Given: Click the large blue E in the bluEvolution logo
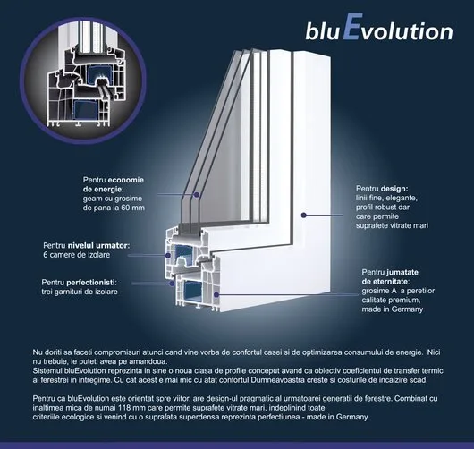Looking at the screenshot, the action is pyautogui.click(x=351, y=27).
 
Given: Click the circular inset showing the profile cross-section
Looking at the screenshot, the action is pyautogui.click(x=83, y=80).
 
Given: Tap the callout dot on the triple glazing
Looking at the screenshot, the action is pyautogui.click(x=197, y=194).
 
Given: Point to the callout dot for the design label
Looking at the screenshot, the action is pyautogui.click(x=304, y=215).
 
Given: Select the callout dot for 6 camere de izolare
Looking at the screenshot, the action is pyautogui.click(x=168, y=256).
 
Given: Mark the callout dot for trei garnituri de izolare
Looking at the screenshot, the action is pyautogui.click(x=172, y=284).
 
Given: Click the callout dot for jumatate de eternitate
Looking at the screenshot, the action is pyautogui.click(x=216, y=294).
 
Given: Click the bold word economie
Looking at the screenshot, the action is pyautogui.click(x=126, y=180).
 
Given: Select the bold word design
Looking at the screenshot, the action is pyautogui.click(x=394, y=189).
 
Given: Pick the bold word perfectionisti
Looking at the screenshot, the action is pyautogui.click(x=91, y=283).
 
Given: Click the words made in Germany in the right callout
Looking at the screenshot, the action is pyautogui.click(x=392, y=309).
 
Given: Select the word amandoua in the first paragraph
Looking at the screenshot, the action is pyautogui.click(x=150, y=361).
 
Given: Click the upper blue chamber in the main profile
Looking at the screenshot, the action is pyautogui.click(x=183, y=252).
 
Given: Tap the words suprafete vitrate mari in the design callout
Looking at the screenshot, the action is pyautogui.click(x=392, y=226).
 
